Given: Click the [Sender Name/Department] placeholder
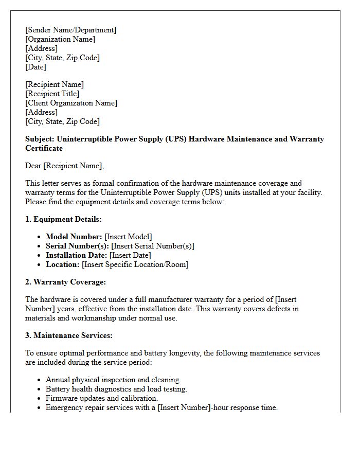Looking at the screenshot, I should [70, 30].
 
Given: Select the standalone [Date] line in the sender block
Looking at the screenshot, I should [35, 67].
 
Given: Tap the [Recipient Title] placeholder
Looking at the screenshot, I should [52, 94].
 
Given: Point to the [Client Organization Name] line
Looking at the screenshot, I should [71, 103].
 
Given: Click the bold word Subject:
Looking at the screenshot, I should [40, 139].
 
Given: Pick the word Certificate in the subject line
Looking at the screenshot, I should [44, 148].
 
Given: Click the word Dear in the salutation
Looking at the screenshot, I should [33, 166].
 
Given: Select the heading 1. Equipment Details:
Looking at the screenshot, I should [63, 219].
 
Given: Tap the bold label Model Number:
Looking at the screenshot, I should [74, 237].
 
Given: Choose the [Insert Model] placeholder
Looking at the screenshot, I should [128, 237].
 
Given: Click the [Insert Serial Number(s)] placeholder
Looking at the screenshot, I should [152, 246].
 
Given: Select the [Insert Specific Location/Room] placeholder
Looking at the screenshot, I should [135, 264].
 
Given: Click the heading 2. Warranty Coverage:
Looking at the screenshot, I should [65, 282].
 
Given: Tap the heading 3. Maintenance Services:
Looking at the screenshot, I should [68, 335].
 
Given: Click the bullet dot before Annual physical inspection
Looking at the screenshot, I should [40, 380].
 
